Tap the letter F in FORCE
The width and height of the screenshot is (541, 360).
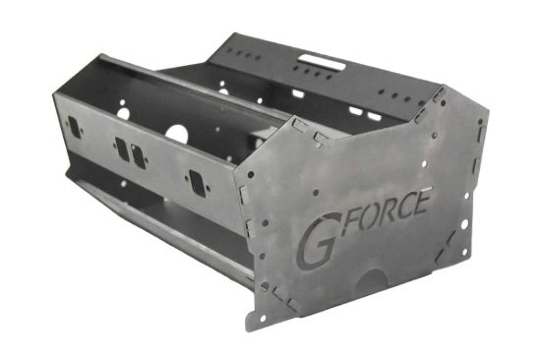point(344,217)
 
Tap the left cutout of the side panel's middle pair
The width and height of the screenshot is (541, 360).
point(122,149)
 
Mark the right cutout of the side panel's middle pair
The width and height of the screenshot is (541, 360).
point(138,155)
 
